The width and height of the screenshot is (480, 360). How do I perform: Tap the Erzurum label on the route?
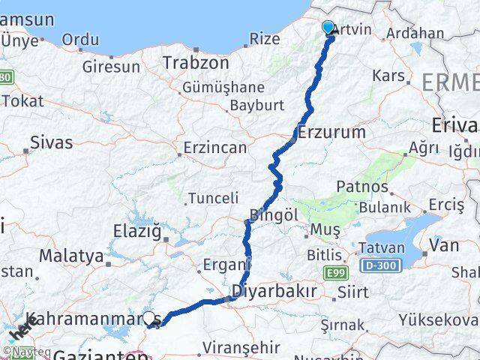coord(332,133)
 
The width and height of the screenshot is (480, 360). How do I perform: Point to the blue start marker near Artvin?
coord(328,28)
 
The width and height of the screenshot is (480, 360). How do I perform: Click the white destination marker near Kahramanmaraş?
coord(149,319)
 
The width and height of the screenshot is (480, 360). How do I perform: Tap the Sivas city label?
coord(52,142)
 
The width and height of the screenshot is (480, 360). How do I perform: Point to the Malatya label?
coord(71,256)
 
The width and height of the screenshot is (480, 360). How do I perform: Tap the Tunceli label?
coord(214,198)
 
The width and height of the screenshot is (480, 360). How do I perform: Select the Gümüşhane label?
coord(223,88)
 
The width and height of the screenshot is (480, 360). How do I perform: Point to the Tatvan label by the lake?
coord(382,247)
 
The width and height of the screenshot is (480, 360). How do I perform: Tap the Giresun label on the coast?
coord(111,67)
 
